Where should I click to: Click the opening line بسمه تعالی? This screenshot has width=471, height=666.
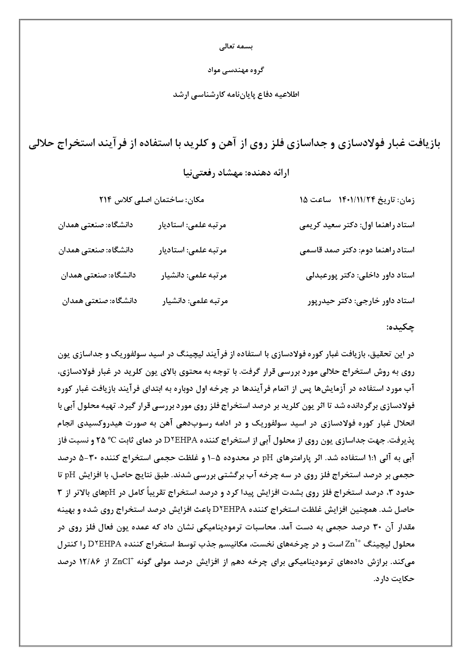pyautogui.click(x=235, y=47)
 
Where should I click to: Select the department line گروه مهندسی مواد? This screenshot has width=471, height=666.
pyautogui.click(x=235, y=70)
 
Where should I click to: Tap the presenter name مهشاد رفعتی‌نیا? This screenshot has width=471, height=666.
pyautogui.click(x=209, y=173)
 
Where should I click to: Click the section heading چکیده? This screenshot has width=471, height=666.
pyautogui.click(x=401, y=327)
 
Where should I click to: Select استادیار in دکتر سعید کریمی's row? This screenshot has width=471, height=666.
pyautogui.click(x=172, y=225)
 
